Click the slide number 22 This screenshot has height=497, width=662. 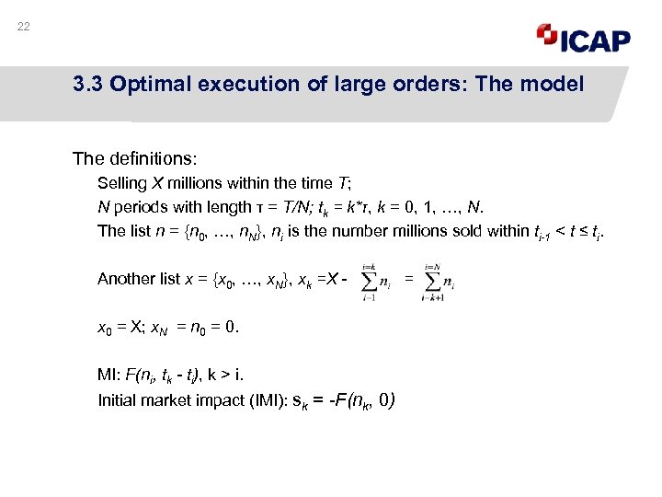tap(24, 27)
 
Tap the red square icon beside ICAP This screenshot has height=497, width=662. tap(547, 34)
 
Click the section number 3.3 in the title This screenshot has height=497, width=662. tap(89, 85)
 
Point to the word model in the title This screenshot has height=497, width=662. tap(554, 85)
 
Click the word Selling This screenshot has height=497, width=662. tap(120, 183)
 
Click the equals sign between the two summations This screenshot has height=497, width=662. tap(408, 278)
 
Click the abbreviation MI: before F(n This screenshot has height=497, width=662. tap(108, 376)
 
